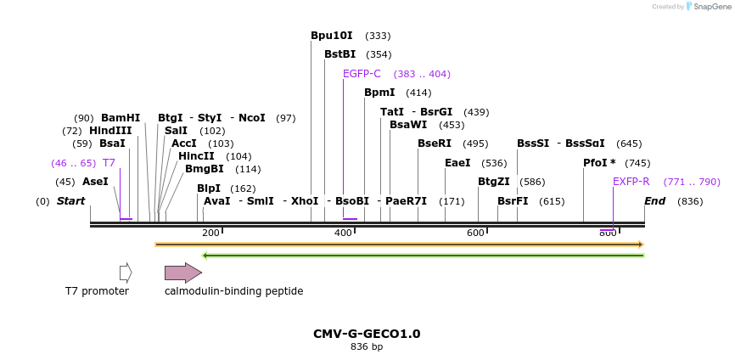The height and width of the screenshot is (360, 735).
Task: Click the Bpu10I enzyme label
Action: click(331, 36)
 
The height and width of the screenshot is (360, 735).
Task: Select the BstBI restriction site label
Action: click(339, 54)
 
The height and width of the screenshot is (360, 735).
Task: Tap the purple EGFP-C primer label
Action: click(362, 74)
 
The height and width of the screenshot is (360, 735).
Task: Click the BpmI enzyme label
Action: click(379, 93)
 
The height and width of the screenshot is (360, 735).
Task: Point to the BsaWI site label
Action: click(408, 125)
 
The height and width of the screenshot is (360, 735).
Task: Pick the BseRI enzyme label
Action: click(434, 143)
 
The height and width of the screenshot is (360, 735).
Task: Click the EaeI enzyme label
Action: click(457, 163)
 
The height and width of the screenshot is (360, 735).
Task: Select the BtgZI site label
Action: click(493, 182)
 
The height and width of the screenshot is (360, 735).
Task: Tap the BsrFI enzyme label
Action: click(513, 201)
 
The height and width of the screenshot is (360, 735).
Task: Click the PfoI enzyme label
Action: click(599, 163)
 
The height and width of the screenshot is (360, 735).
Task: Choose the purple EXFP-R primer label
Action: click(631, 182)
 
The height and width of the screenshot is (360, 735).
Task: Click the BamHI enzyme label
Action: click(121, 118)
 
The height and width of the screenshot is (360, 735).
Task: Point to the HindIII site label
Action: click(110, 131)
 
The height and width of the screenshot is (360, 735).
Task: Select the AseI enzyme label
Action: click(95, 182)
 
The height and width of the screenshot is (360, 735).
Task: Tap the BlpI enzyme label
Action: click(208, 188)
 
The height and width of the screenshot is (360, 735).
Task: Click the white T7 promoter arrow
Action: click(126, 273)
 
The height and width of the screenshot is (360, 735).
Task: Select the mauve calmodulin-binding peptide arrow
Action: click(182, 273)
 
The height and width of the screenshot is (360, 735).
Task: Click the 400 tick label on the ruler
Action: click(343, 233)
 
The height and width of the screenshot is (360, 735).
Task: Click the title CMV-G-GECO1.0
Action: click(367, 334)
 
